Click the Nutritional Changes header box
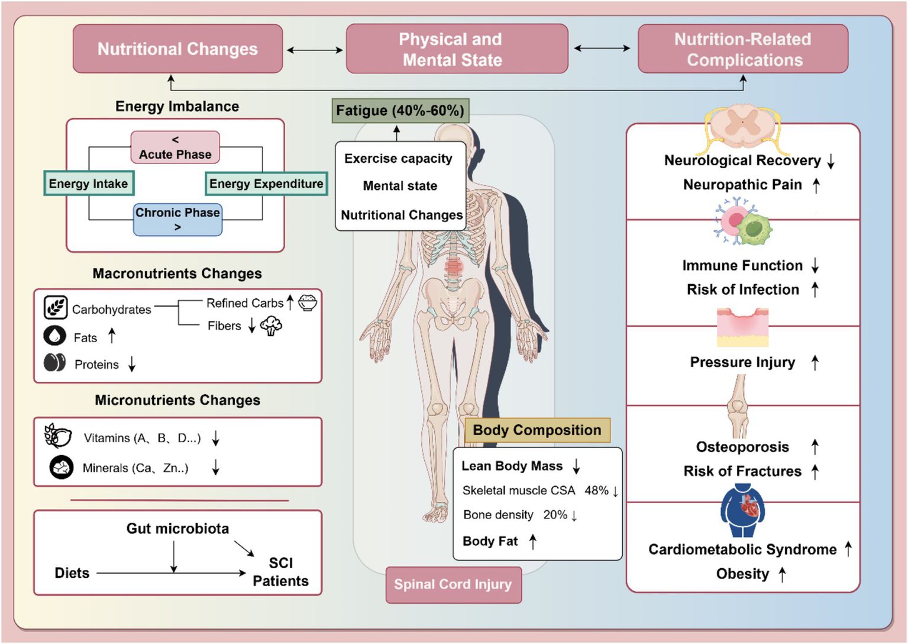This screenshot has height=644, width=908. click(x=177, y=49)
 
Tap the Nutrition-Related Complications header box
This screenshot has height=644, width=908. click(x=743, y=49)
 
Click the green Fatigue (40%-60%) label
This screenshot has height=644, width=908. click(x=400, y=111)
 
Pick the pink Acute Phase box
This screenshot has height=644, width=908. click(x=175, y=147)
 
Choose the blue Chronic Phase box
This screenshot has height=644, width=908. click(x=177, y=219)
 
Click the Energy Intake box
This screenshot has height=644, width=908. click(x=89, y=183)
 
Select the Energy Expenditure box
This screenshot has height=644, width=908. click(x=266, y=183)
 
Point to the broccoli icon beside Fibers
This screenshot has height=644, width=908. click(x=272, y=326)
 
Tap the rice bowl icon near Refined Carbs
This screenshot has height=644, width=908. click(x=308, y=302)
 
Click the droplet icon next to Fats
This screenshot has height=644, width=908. click(x=55, y=336)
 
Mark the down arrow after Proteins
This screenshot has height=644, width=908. click(x=132, y=364)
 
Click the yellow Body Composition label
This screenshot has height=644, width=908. click(x=537, y=430)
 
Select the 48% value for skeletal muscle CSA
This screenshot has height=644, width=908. click(x=596, y=491)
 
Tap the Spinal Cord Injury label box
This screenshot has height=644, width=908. click(x=453, y=584)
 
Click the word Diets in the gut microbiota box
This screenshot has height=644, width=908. click(x=72, y=573)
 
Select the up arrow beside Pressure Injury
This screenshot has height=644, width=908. click(x=815, y=362)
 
